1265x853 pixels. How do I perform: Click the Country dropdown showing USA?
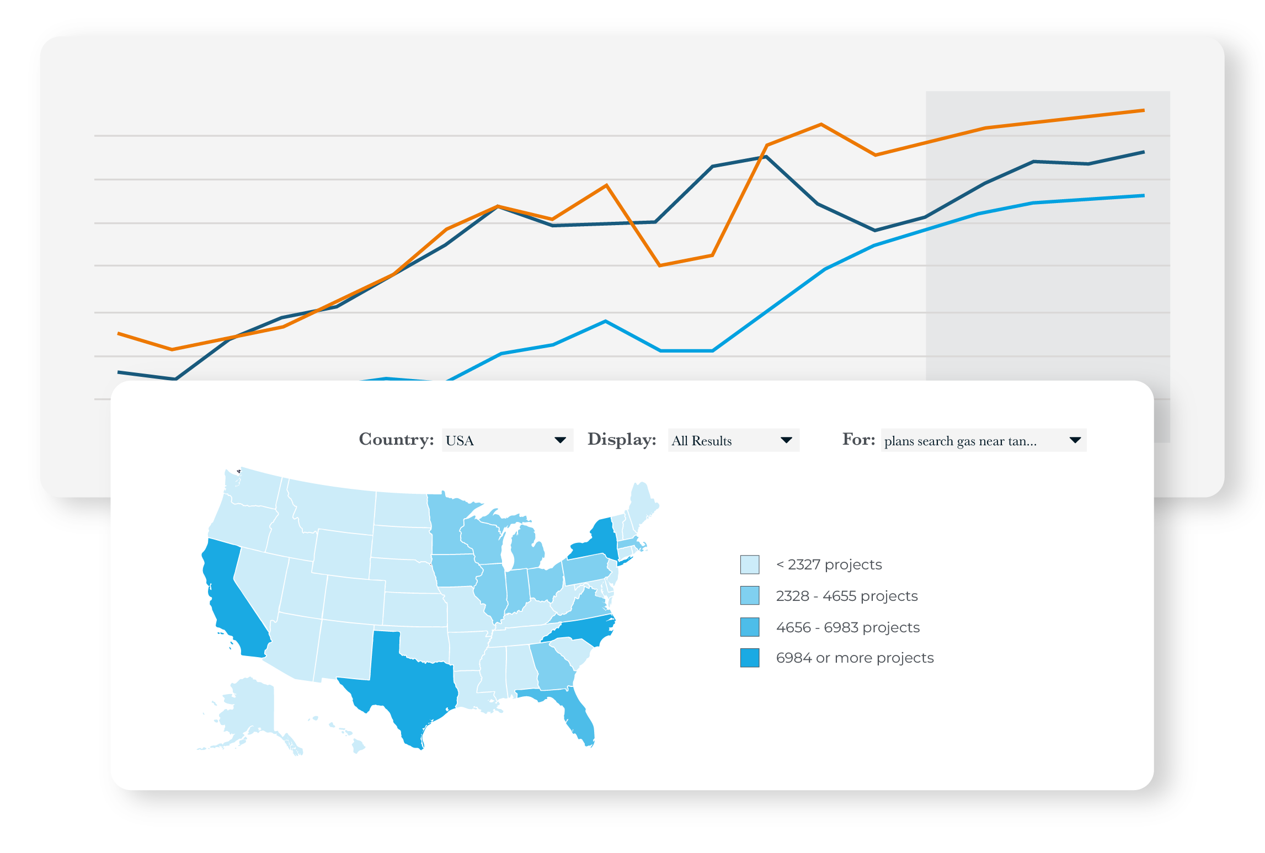point(507,440)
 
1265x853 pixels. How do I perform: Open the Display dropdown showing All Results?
point(733,440)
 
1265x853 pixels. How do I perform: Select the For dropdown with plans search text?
point(983,440)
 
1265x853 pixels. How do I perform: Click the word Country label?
point(396,439)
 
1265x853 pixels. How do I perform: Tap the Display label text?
point(622,439)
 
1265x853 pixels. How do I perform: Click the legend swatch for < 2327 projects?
point(750,564)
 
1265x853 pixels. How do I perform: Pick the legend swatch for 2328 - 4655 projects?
point(750,596)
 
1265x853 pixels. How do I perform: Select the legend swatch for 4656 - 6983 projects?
point(750,627)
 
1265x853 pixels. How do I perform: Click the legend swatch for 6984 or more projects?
point(750,658)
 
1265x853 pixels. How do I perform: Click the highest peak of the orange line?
point(1144,110)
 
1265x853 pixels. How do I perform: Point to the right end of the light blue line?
point(1144,195)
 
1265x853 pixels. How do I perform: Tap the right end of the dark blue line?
point(1144,152)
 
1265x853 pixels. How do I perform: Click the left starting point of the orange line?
point(119,333)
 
